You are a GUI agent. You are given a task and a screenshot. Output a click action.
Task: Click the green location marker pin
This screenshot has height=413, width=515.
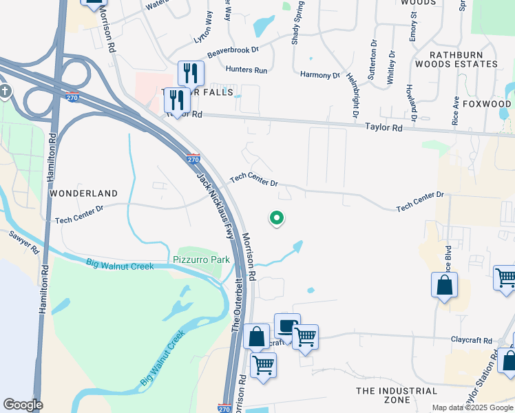pyautogui.click(x=277, y=218)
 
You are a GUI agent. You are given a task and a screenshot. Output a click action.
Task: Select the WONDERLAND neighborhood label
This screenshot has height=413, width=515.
pyautogui.click(x=83, y=193)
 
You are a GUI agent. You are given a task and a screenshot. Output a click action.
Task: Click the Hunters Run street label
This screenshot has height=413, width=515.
pyautogui.click(x=246, y=70)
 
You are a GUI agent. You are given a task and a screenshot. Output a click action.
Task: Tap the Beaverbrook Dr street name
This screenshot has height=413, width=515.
pyautogui.click(x=233, y=50)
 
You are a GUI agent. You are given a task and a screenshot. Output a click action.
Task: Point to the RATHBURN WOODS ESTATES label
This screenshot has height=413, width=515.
pyautogui.click(x=463, y=59)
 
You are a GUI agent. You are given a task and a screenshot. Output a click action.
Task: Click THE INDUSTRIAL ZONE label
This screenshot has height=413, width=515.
pyautogui.click(x=397, y=395)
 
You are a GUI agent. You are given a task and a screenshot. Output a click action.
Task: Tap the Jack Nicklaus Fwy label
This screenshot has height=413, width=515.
pyautogui.click(x=216, y=205)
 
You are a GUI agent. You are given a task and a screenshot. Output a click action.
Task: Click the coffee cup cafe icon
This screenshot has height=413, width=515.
pyautogui.click(x=286, y=325)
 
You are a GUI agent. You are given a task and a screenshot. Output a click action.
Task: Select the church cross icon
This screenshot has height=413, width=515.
pyautogui.click(x=4, y=92)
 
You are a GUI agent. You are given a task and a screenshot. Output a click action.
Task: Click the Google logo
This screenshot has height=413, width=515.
pyautogui.click(x=23, y=405)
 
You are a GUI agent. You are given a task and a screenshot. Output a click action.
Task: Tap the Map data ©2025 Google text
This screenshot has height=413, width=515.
pyautogui.click(x=472, y=407)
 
